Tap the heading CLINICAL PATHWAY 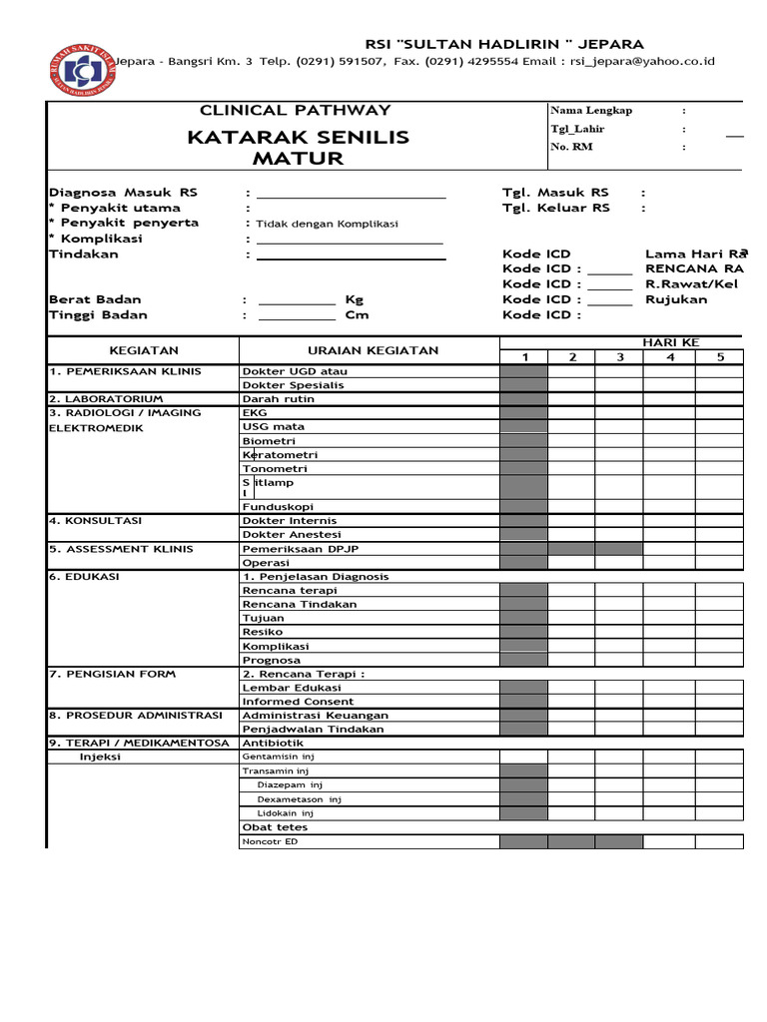296,111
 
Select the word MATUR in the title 298,159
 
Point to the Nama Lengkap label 591,111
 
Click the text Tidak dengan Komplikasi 328,224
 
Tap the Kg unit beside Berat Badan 355,299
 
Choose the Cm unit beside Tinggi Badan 357,315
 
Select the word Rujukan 676,299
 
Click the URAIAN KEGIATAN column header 374,351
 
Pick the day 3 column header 619,357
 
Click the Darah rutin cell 279,399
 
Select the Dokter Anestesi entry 290,535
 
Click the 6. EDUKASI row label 84,577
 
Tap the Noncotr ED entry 271,842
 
